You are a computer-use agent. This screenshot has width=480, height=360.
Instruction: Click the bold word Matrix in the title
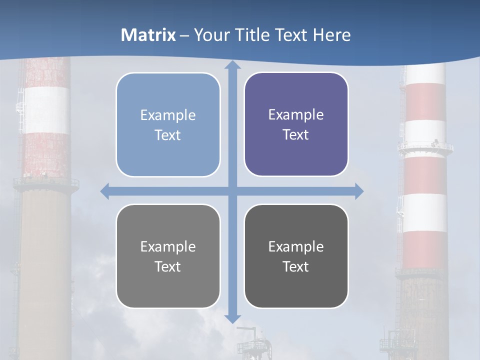point(148,35)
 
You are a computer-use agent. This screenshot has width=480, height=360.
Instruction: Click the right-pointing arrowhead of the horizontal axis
point(358,191)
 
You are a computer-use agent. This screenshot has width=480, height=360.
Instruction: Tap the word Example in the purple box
point(296,115)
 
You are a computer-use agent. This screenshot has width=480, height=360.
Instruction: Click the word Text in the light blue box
point(167,135)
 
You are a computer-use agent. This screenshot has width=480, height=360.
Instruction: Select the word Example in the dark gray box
point(296,246)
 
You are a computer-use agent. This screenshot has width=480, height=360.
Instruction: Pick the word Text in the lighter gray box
point(167,266)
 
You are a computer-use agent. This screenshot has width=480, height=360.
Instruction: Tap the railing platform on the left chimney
point(46,182)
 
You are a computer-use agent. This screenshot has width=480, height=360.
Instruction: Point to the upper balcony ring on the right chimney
point(425,147)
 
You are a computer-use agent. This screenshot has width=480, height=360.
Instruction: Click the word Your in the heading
point(209,35)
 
